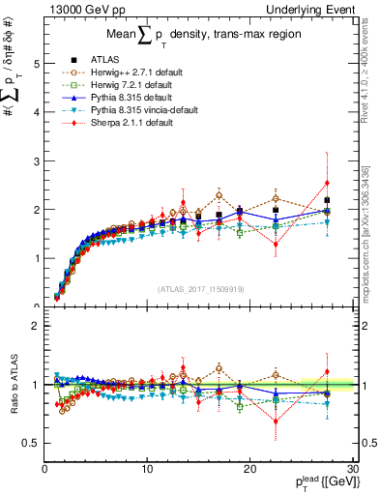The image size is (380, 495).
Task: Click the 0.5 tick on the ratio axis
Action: (x=31, y=443)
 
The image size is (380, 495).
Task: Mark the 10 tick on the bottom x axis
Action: (x=147, y=469)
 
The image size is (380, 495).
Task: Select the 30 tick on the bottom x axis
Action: (x=353, y=469)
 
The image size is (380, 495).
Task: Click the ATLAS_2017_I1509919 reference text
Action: (x=199, y=287)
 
